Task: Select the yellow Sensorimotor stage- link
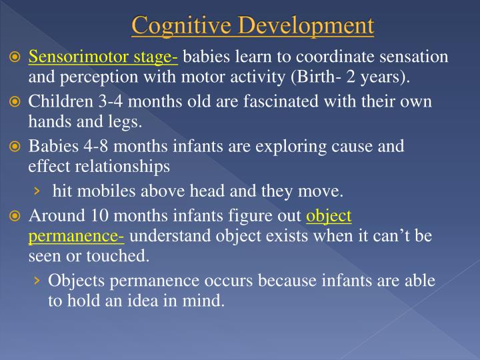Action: click(x=103, y=57)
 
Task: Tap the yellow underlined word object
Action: click(x=329, y=216)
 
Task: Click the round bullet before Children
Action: click(x=15, y=103)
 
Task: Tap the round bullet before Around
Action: click(x=15, y=216)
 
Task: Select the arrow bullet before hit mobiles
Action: click(x=37, y=193)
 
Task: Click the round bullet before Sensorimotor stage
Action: click(x=15, y=57)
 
